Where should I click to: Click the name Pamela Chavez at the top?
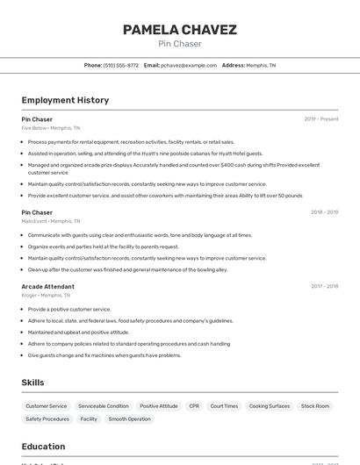179,30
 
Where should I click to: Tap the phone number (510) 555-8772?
121,66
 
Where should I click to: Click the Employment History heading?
65,100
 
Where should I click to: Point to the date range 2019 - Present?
321,119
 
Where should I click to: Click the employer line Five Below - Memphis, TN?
50,128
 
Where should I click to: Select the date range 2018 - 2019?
324,212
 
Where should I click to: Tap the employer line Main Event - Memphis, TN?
50,221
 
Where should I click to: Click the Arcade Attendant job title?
47,286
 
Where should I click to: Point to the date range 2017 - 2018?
324,286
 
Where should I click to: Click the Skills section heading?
33,383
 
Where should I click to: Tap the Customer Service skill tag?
47,406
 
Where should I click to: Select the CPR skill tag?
194,406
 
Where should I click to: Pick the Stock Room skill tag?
315,406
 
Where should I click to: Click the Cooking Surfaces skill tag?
270,406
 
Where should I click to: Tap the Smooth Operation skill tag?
129,419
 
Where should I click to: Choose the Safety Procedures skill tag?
47,419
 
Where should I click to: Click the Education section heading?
43,446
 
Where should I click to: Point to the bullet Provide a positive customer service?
69,309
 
